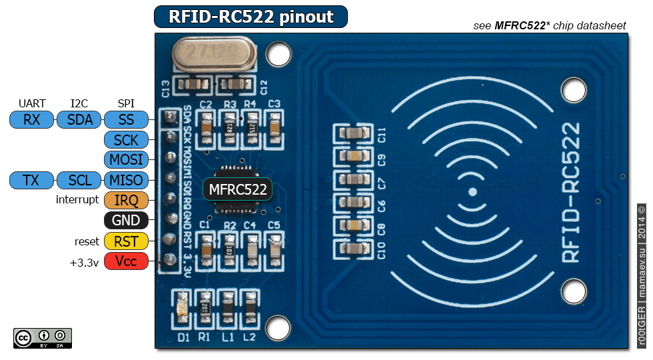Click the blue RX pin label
[31, 120]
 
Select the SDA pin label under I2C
[79, 120]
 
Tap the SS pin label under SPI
[126, 120]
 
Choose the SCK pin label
[126, 140]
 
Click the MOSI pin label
[126, 160]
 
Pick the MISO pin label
[126, 180]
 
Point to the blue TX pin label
[31, 180]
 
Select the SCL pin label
[79, 180]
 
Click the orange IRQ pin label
[126, 200]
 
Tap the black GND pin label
[126, 221]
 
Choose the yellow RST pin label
[126, 241]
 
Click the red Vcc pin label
[126, 261]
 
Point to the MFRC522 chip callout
[238, 189]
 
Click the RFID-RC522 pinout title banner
[251, 17]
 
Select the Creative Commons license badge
[42, 338]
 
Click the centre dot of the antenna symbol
[472, 192]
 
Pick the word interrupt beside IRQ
[77, 200]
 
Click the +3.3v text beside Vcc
[84, 262]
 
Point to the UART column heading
[32, 103]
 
